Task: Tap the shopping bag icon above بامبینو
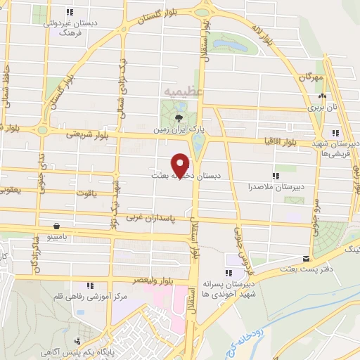click(56, 226)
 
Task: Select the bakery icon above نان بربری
click(323, 96)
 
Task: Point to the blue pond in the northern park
click(231, 46)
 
